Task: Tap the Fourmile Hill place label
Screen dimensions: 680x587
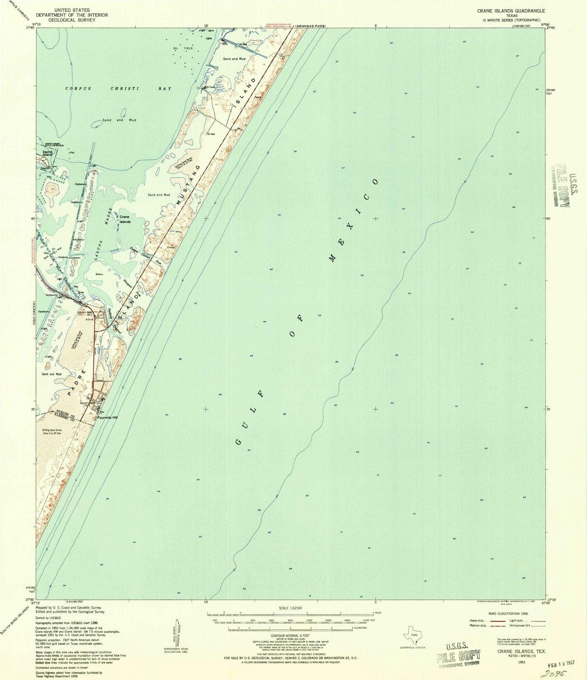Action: [x=107, y=417]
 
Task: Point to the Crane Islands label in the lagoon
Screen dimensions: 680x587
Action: [x=125, y=219]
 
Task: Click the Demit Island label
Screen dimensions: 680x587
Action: [x=47, y=153]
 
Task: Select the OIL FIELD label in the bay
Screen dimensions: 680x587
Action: [x=183, y=48]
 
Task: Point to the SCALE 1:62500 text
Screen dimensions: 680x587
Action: [x=290, y=608]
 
